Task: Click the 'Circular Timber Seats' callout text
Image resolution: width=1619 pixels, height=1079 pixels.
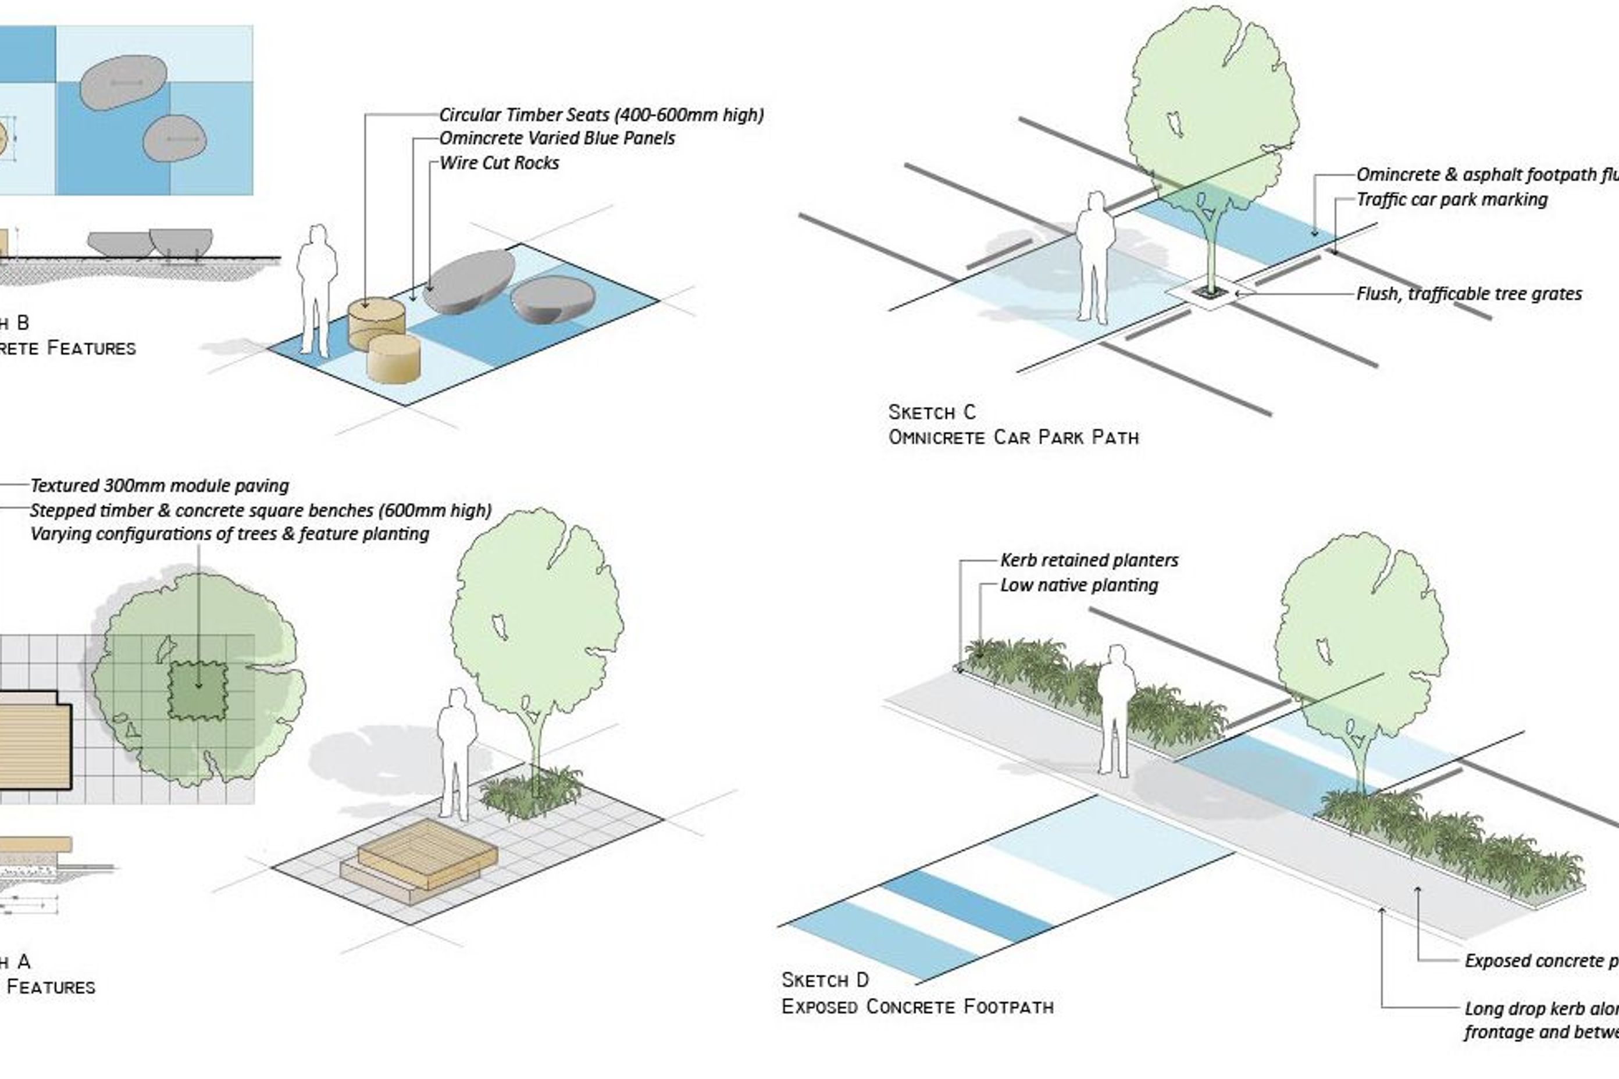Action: click(x=601, y=115)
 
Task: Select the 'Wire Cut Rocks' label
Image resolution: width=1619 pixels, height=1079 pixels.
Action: click(x=499, y=163)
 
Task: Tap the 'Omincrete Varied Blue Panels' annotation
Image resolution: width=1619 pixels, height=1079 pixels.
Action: click(x=557, y=138)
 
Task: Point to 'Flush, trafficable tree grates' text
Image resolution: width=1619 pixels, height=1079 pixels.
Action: click(x=1469, y=294)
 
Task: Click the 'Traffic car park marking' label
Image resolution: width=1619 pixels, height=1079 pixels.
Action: click(x=1452, y=199)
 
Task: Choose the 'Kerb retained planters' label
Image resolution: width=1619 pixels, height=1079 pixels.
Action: click(x=1089, y=560)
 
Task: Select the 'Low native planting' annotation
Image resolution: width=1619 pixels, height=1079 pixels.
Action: click(x=1079, y=585)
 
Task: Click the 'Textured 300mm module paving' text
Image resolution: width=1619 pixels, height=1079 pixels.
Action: click(x=159, y=486)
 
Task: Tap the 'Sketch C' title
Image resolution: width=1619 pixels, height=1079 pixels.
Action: click(x=932, y=412)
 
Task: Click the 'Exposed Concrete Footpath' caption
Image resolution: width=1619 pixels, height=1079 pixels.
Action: click(x=918, y=1007)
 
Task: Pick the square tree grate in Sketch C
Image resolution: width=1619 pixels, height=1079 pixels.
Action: click(x=1210, y=292)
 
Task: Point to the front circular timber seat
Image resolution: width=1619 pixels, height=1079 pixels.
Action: click(x=394, y=358)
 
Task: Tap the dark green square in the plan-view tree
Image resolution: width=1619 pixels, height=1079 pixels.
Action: click(x=198, y=690)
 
